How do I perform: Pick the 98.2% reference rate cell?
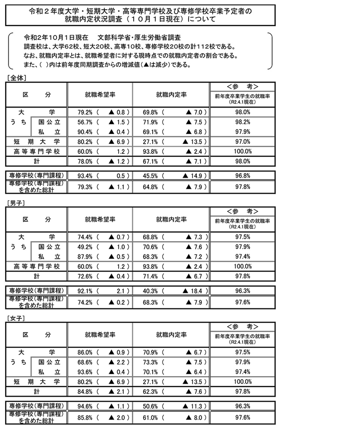coord(243,122)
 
